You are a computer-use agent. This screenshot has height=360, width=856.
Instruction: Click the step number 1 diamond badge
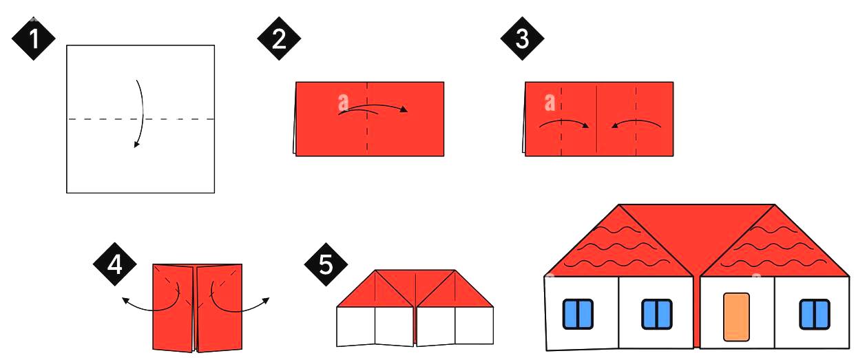pos(34,39)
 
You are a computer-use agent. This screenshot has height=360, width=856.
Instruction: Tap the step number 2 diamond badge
pos(279,39)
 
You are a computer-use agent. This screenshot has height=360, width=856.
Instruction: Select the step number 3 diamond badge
pos(523,39)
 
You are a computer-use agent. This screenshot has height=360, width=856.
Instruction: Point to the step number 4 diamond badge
pos(115,264)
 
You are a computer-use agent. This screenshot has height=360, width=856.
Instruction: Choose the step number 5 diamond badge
pos(326,264)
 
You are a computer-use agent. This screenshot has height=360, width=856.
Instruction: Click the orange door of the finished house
pos(736,317)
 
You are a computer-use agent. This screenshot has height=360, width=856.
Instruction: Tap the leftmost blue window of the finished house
pos(578,314)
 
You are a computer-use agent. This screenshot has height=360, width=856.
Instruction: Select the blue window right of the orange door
pos(815,314)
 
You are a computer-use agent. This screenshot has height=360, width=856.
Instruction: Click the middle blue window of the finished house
pos(657,314)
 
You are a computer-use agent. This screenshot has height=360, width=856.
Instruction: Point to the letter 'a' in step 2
pos(344,102)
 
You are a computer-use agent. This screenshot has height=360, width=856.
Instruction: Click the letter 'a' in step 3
pos(550,102)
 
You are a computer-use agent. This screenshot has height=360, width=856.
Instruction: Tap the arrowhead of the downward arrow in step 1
pos(136,145)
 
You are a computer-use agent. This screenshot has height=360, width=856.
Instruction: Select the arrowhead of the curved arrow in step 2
pos(404,109)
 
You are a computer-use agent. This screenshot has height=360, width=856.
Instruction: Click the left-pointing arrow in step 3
pos(636,122)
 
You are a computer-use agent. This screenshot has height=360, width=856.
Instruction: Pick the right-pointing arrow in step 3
pos(564,122)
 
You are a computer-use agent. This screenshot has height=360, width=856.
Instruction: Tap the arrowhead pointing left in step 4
pos(125,301)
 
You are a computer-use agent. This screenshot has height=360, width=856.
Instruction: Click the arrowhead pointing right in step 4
pos(266,301)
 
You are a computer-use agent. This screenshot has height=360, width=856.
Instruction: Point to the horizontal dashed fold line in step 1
pos(140,119)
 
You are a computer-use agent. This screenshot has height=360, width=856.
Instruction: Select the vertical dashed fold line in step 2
pos(367,119)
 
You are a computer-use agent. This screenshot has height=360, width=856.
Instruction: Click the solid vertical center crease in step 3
pos(597,119)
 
